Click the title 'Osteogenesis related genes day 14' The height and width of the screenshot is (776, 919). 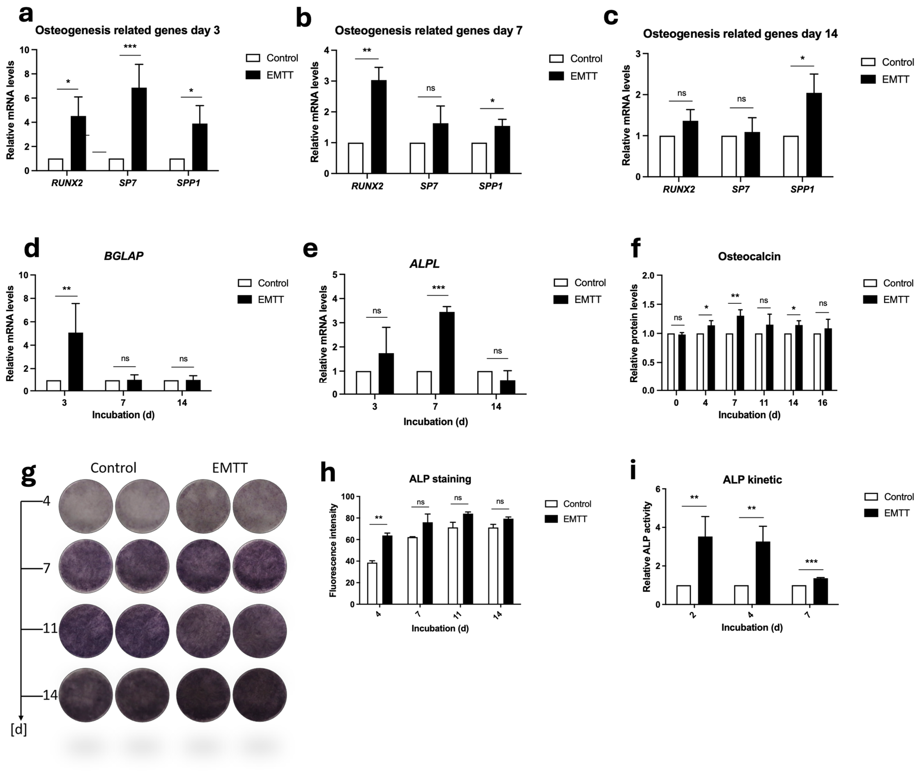(740, 34)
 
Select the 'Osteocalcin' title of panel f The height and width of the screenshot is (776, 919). (749, 256)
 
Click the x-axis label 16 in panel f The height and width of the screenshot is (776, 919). (822, 403)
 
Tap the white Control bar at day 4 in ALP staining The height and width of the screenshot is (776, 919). (372, 583)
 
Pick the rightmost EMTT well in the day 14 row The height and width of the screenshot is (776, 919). (260, 695)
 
